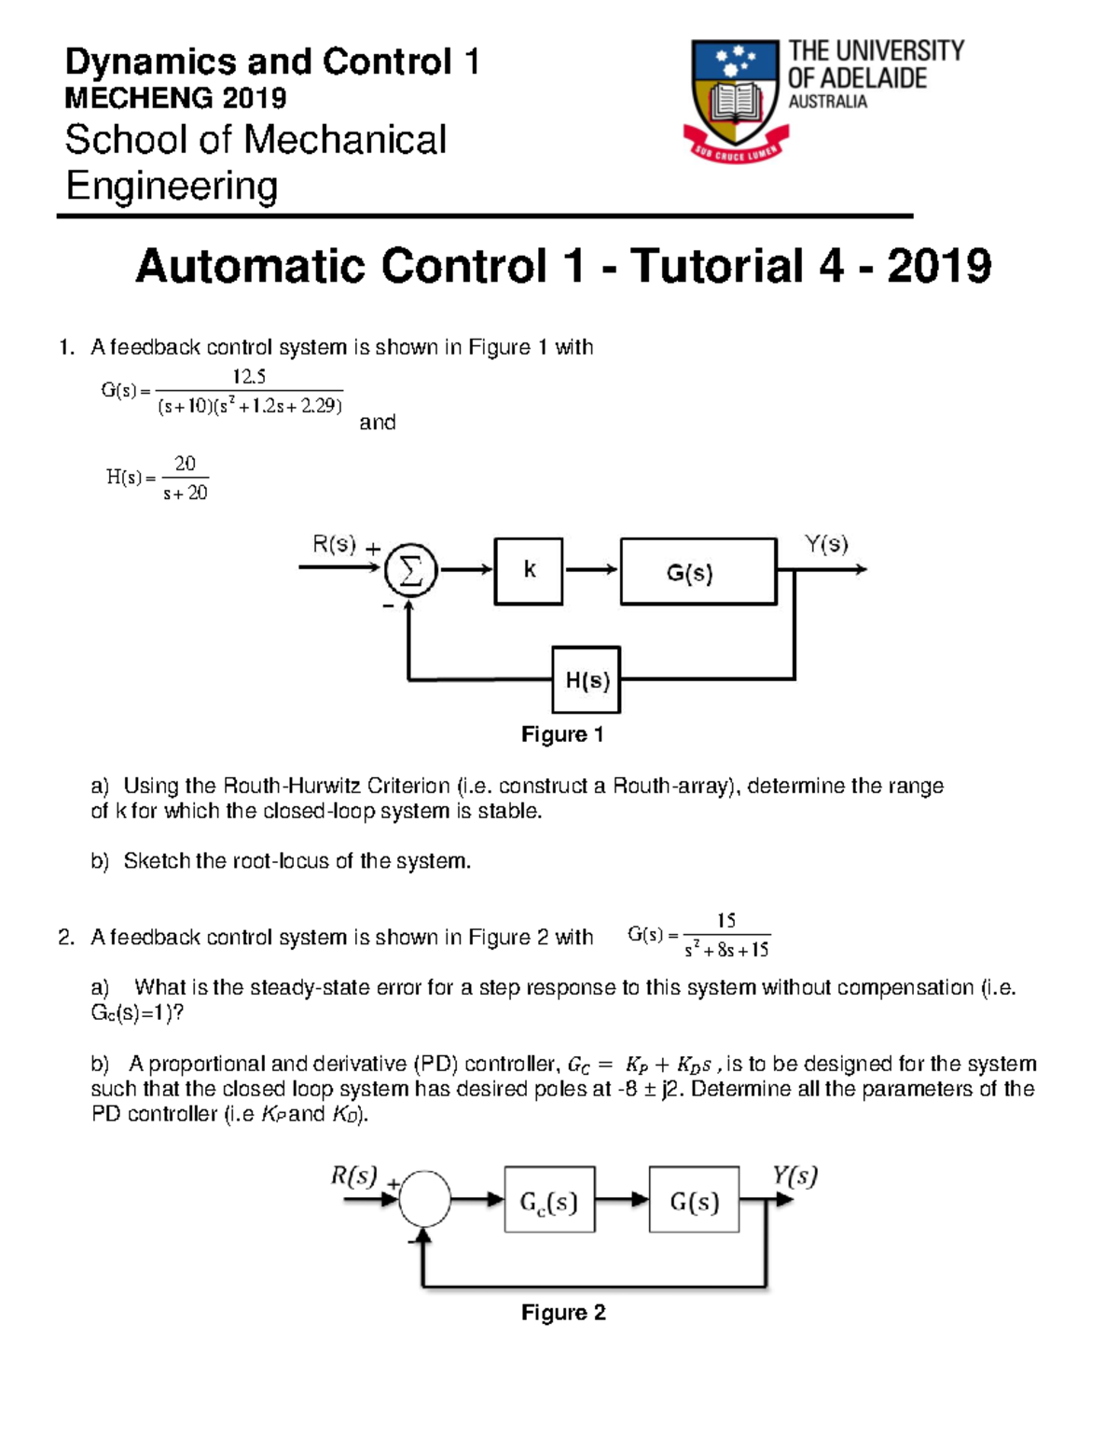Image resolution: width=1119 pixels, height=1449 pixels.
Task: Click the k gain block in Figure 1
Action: click(x=529, y=571)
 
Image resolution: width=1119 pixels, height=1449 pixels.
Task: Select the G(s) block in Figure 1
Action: click(x=698, y=571)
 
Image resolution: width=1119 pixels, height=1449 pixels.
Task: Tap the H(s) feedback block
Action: click(x=587, y=680)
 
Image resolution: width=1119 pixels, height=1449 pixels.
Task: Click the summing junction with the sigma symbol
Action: click(x=410, y=570)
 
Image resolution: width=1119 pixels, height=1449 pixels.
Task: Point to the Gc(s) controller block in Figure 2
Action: click(x=549, y=1200)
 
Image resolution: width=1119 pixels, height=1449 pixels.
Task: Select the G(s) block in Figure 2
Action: click(x=695, y=1200)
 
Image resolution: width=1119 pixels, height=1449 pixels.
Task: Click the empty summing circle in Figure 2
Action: click(x=424, y=1199)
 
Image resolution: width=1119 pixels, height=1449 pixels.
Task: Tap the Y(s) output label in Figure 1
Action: click(x=826, y=544)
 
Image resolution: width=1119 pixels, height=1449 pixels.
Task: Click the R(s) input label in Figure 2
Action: click(x=353, y=1176)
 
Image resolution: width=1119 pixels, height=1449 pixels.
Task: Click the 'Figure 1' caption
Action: click(x=562, y=735)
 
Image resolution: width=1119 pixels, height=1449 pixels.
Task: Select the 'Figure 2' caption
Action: click(x=563, y=1313)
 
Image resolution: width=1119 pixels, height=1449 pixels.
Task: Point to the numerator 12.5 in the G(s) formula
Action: click(x=249, y=377)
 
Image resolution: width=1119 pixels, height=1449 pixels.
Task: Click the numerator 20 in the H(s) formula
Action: click(x=185, y=464)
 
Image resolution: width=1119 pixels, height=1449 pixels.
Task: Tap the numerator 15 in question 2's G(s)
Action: click(x=725, y=921)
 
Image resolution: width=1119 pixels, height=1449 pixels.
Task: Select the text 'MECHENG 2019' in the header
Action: click(x=175, y=98)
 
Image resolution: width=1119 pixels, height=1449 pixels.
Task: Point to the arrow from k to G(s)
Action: click(x=591, y=570)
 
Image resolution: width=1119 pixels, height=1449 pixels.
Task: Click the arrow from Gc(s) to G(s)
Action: click(x=622, y=1200)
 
